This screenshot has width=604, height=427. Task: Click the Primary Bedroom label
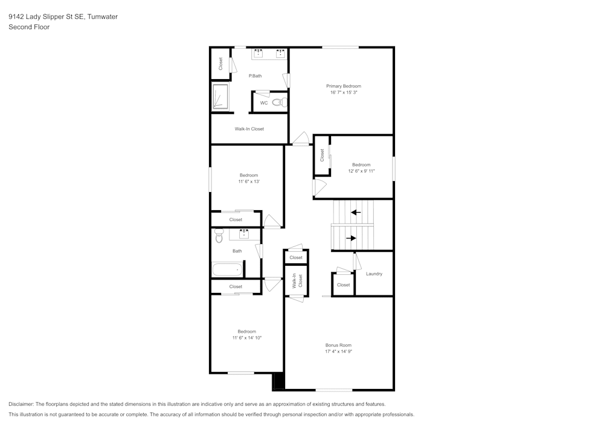[x=344, y=86]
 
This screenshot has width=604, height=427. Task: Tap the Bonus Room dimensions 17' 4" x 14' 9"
[x=338, y=352]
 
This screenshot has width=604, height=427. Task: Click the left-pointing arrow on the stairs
[x=356, y=212]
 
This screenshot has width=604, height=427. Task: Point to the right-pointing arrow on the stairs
[x=351, y=238]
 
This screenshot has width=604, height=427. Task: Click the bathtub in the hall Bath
[x=228, y=269]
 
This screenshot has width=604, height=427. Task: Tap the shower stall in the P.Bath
[x=220, y=97]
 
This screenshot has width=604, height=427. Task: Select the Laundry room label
[x=374, y=274]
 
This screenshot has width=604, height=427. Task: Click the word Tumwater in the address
[x=102, y=17]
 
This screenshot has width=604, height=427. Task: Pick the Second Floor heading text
[x=29, y=27]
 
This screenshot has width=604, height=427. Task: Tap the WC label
[x=264, y=103]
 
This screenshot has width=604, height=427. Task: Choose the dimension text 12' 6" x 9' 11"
[x=361, y=171]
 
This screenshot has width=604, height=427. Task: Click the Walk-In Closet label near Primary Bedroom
[x=249, y=129]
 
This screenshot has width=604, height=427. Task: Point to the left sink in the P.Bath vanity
[x=258, y=54]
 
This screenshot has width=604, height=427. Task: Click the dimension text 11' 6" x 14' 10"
[x=247, y=338]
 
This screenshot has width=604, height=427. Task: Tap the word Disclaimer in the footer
[x=21, y=404]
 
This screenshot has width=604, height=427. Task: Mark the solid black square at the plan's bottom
[x=278, y=381]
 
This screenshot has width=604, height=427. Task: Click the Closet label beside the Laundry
[x=343, y=285]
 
